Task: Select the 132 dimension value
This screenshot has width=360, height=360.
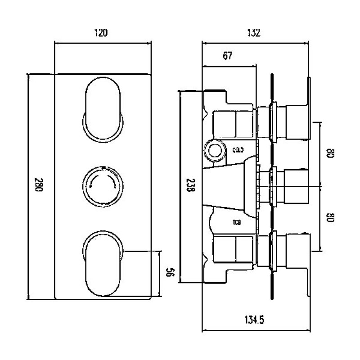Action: click(255, 33)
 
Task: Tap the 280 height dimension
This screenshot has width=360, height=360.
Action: click(39, 186)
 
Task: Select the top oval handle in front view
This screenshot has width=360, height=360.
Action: click(103, 109)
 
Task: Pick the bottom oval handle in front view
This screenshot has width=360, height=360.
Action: click(103, 263)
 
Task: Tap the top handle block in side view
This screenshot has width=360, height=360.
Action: click(297, 121)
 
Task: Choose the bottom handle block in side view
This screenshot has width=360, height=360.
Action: click(297, 251)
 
